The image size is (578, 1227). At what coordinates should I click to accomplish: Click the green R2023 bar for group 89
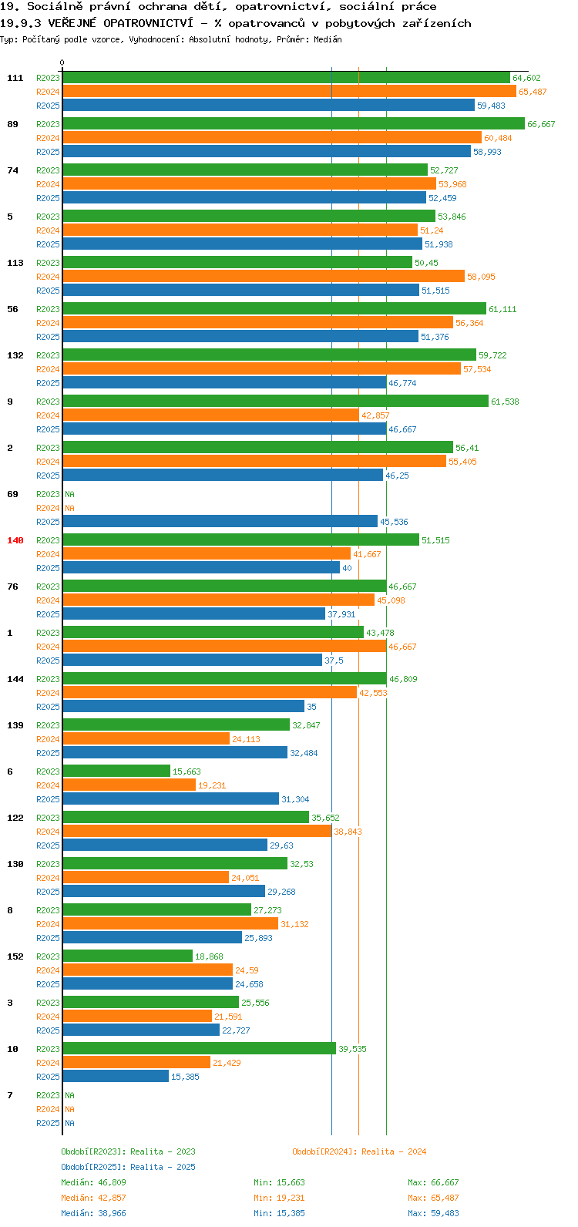tap(294, 124)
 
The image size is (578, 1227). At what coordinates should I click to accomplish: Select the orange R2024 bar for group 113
tap(264, 277)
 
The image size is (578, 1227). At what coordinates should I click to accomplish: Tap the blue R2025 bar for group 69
tap(220, 522)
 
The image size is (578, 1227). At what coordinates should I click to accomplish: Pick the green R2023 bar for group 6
tap(116, 771)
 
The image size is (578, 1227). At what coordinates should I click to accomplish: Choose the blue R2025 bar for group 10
tap(116, 1077)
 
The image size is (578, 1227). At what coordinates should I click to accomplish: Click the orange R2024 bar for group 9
tap(211, 415)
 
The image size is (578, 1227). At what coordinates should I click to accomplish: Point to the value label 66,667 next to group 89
tap(541, 124)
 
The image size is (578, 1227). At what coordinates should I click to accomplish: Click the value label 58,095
tap(481, 277)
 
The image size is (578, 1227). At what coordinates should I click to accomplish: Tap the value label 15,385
tap(185, 1077)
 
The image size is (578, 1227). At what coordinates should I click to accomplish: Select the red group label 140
tap(15, 540)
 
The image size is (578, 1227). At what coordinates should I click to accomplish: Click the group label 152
tap(15, 957)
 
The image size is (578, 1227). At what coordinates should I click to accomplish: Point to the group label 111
tap(15, 79)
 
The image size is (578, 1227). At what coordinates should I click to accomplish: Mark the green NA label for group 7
tap(69, 1095)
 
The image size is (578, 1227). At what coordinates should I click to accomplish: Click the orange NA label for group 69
tap(69, 509)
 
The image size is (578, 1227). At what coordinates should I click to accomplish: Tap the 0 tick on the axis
tap(62, 63)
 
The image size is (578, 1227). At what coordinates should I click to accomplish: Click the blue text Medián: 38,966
tap(94, 1213)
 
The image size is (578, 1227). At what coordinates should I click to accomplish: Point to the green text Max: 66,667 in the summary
tap(433, 1182)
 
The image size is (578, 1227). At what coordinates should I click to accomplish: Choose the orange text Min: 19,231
tap(279, 1198)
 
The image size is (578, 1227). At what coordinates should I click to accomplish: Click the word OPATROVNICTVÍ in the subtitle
tap(148, 23)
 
